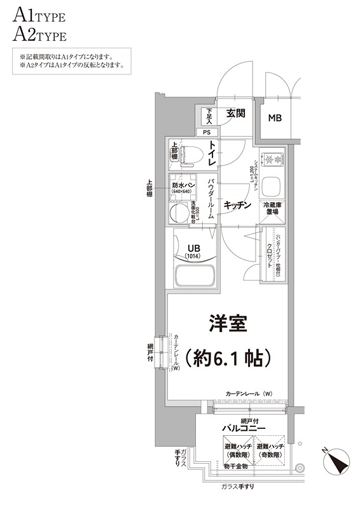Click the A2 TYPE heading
(x=38, y=34)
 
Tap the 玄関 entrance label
(x=235, y=114)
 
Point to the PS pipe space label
(x=206, y=132)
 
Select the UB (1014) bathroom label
(x=193, y=253)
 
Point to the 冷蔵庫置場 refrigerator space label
(x=273, y=209)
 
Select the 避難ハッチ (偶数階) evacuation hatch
(x=236, y=452)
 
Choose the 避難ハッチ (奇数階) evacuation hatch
(x=270, y=452)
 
